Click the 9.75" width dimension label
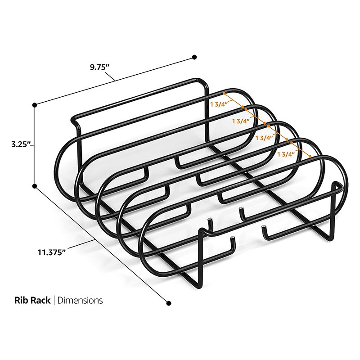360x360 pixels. [x=98, y=66]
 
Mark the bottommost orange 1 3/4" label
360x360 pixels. [x=287, y=154]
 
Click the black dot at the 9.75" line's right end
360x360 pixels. [x=194, y=57]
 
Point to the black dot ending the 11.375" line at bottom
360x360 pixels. [x=169, y=303]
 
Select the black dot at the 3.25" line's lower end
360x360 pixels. [x=34, y=185]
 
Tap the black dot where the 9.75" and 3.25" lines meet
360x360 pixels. [x=34, y=105]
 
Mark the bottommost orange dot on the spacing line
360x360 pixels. [x=310, y=156]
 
